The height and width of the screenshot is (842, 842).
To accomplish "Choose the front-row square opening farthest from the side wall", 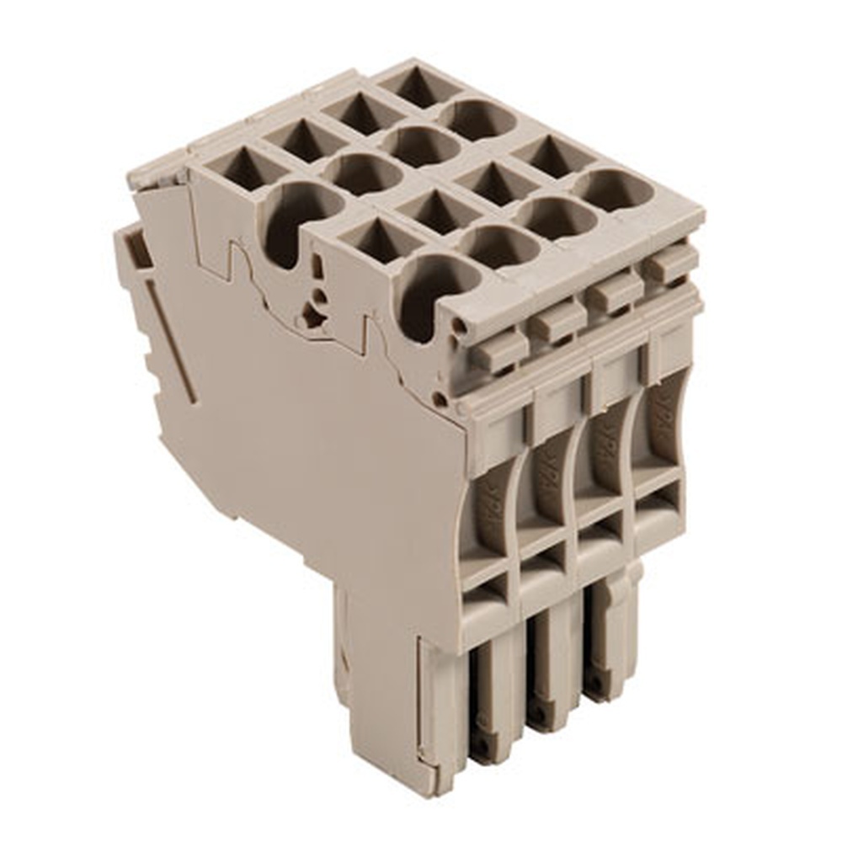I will coord(552,157).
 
